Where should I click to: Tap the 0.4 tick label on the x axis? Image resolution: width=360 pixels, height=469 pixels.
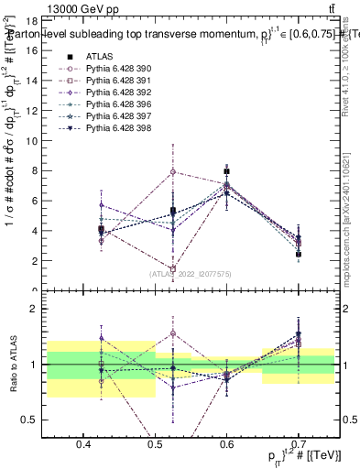pyautogui.click(x=83, y=446)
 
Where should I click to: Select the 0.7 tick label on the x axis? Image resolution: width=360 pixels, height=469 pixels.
pyautogui.click(x=299, y=446)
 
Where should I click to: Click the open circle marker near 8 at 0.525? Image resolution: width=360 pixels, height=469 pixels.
pyautogui.click(x=173, y=172)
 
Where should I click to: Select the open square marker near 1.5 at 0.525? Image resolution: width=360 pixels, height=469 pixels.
pyautogui.click(x=173, y=268)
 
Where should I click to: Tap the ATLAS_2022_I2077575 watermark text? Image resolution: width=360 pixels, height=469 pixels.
pyautogui.click(x=190, y=274)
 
